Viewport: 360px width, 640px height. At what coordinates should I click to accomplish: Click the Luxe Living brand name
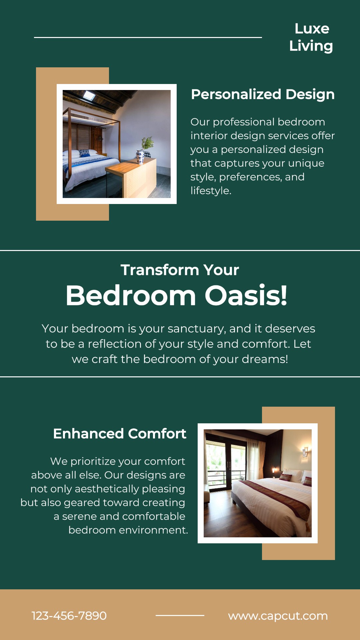coord(311,37)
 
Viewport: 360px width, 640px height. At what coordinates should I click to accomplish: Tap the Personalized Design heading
coord(263,94)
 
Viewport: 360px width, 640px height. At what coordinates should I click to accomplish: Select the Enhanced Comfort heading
coord(120,434)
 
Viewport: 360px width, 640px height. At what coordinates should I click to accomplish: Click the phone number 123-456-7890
coord(69,616)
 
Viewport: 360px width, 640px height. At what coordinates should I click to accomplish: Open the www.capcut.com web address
coord(278,616)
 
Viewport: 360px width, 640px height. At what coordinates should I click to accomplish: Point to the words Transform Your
coord(180,270)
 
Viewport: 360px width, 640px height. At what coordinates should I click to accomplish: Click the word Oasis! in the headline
coord(246,295)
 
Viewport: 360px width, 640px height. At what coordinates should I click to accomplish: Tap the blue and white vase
coord(141,157)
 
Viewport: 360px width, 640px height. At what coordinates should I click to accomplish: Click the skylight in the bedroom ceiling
coord(89,96)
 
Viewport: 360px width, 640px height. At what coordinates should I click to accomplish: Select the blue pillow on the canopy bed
coord(84,153)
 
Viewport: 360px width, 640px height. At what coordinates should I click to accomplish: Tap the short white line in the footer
coord(180,615)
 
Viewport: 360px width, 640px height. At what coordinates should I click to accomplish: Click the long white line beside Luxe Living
coord(148,37)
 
